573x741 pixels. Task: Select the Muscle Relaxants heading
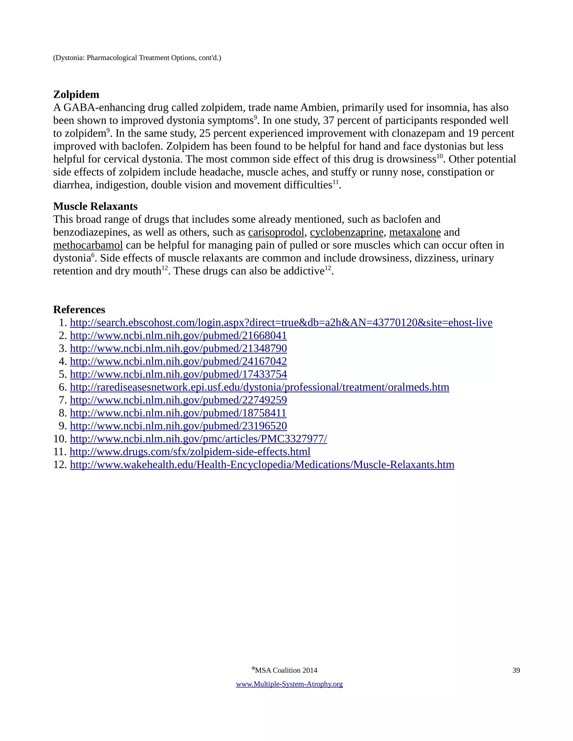(x=95, y=206)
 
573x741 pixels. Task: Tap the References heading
(x=79, y=310)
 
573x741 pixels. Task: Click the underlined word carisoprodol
(x=276, y=232)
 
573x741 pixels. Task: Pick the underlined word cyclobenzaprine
(x=347, y=232)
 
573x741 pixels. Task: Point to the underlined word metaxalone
(x=415, y=232)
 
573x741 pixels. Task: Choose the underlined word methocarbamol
(x=88, y=245)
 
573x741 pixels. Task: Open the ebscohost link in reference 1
(x=281, y=323)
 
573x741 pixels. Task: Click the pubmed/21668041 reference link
(x=178, y=336)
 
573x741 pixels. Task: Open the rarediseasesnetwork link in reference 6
(x=259, y=387)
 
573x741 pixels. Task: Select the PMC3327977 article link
(x=198, y=439)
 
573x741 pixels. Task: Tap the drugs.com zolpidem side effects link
(x=190, y=452)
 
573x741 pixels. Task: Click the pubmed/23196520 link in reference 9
(x=178, y=426)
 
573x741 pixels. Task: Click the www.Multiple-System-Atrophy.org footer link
(x=289, y=684)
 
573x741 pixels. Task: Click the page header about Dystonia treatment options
(x=137, y=58)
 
